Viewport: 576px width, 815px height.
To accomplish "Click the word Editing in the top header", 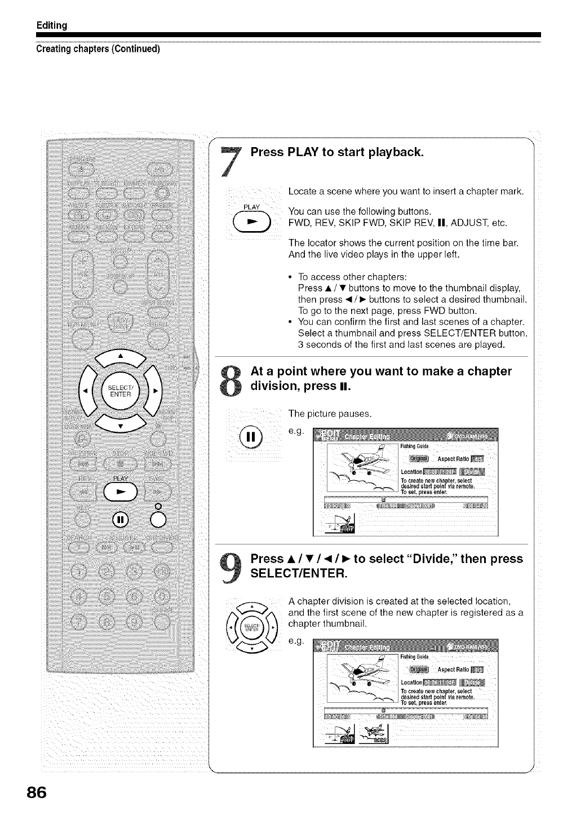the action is pos(52,25).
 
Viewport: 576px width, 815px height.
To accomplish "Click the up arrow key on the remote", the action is pos(120,356).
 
